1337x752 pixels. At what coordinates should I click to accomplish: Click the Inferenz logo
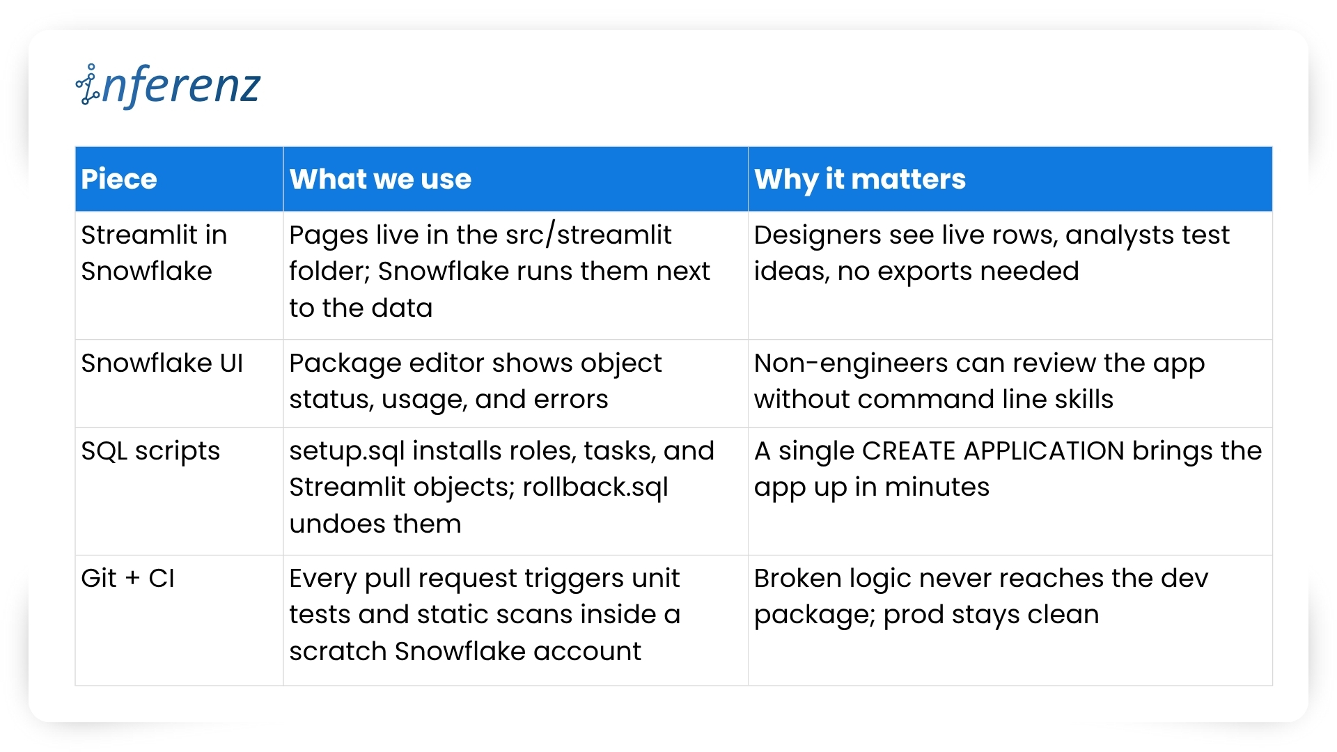tap(168, 86)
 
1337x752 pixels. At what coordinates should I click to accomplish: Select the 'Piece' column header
tap(119, 179)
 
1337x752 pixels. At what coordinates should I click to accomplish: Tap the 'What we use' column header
tap(380, 179)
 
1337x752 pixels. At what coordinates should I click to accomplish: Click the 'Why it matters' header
tap(860, 180)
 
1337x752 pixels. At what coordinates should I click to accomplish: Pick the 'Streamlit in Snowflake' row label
tap(154, 253)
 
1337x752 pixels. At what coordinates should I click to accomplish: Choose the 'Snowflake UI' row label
tap(162, 363)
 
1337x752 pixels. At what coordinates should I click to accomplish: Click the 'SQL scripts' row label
tap(150, 451)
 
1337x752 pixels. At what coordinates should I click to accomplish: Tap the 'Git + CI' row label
tap(127, 579)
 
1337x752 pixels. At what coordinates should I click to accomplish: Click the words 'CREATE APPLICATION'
tap(993, 451)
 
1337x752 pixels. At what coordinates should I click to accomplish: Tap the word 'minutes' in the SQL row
tap(937, 487)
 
